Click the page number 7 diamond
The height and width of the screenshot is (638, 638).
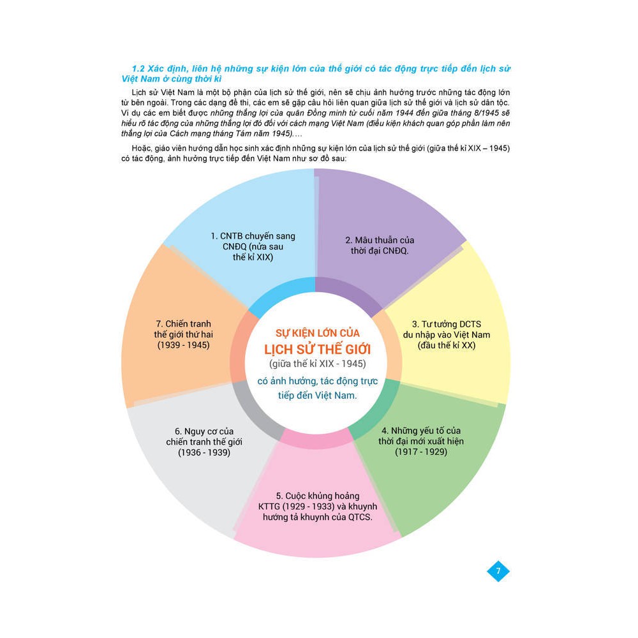pyautogui.click(x=498, y=570)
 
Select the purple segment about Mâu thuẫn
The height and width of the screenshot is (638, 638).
pyautogui.click(x=383, y=211)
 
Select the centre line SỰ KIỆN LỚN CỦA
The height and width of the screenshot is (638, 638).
pyautogui.click(x=317, y=333)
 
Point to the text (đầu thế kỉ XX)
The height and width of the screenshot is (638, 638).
pyautogui.click(x=447, y=345)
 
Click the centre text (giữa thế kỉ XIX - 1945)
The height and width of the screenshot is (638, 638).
pyautogui.click(x=317, y=364)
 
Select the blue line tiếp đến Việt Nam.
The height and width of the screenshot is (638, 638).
pyautogui.click(x=317, y=396)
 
